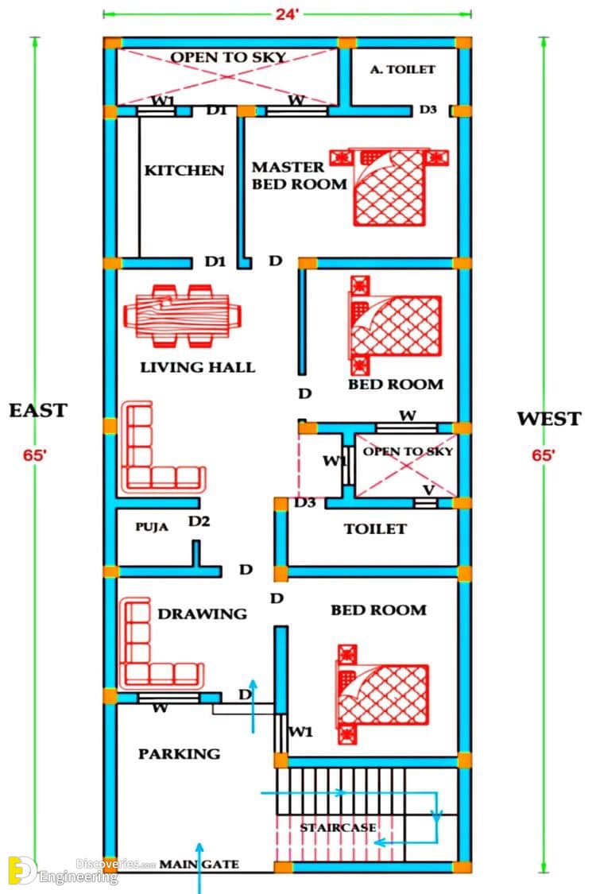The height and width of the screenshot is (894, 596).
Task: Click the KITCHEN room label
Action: (x=184, y=171)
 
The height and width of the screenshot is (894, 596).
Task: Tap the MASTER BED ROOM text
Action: (x=300, y=176)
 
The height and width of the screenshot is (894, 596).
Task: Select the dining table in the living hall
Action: (x=183, y=315)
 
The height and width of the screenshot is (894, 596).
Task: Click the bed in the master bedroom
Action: (x=389, y=187)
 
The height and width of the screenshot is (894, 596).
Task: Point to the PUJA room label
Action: (x=152, y=527)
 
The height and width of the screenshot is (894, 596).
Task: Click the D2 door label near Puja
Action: (x=199, y=521)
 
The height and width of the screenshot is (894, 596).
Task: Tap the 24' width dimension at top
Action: (x=287, y=14)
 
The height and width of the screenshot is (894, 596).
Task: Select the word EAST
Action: (x=38, y=411)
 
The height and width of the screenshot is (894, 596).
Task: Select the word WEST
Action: (x=548, y=419)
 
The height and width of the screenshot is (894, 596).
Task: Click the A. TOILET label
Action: (x=403, y=70)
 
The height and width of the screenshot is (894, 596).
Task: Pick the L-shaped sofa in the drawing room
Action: (x=161, y=643)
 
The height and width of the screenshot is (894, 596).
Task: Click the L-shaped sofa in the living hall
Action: (x=163, y=447)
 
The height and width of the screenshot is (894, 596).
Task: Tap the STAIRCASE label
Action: (x=339, y=827)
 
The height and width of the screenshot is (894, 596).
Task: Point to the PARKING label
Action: (x=179, y=754)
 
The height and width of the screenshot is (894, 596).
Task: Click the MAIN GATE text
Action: (x=199, y=865)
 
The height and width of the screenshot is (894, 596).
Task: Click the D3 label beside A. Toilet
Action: (x=428, y=110)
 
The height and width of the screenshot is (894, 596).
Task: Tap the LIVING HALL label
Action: (x=198, y=368)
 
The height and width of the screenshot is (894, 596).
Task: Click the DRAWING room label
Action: (x=203, y=614)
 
